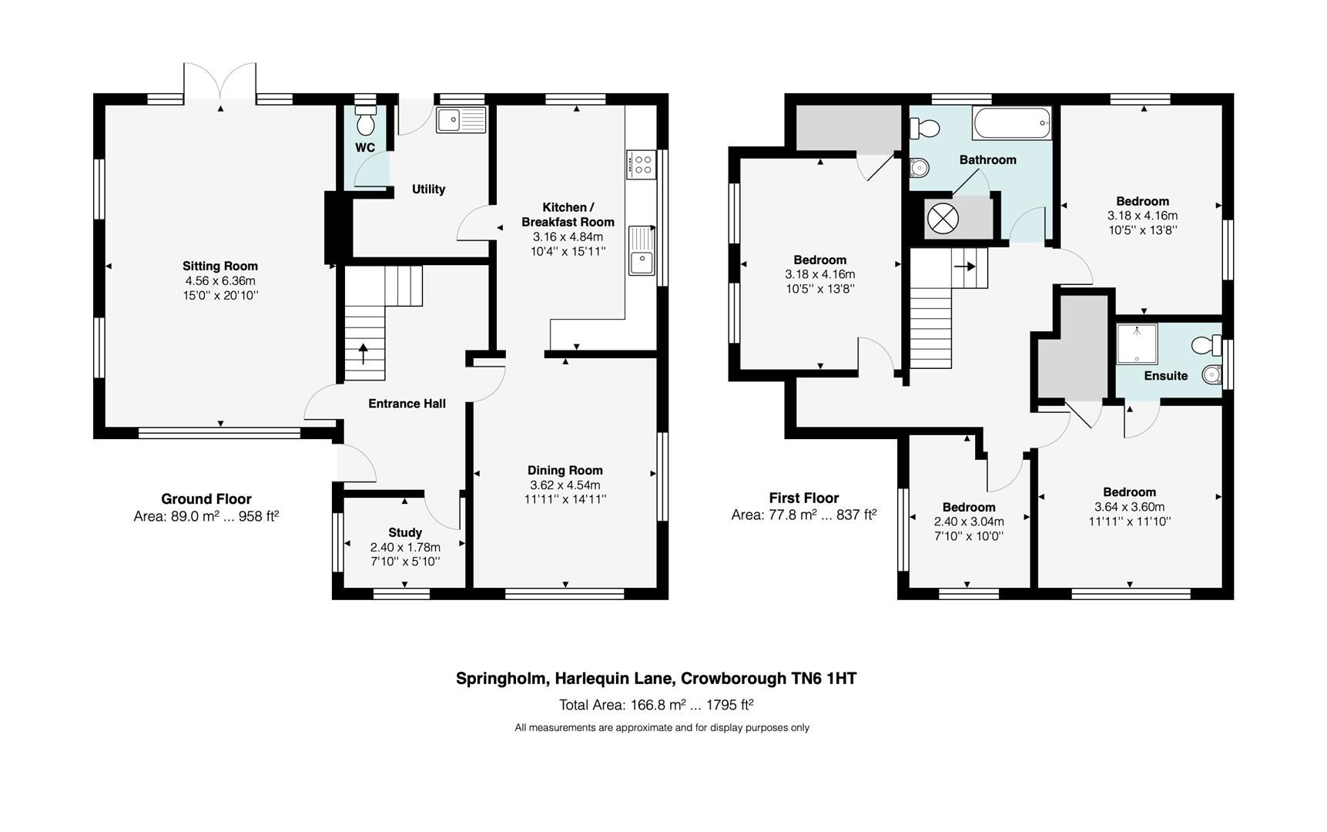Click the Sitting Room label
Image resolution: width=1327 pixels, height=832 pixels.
(x=219, y=267)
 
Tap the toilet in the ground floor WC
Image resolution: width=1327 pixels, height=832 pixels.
(x=366, y=122)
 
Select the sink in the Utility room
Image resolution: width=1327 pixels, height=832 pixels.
(x=461, y=120)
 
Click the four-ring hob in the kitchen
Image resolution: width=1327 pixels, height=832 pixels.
(x=641, y=164)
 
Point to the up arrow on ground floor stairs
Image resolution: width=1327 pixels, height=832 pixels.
(x=364, y=354)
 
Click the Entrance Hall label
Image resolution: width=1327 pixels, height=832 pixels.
(x=407, y=404)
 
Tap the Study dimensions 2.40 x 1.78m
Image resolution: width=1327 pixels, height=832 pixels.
(x=405, y=548)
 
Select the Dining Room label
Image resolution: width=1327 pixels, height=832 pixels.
(x=565, y=471)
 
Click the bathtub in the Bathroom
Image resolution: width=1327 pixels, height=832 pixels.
(x=1010, y=123)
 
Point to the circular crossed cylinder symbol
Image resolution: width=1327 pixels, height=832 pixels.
(x=943, y=218)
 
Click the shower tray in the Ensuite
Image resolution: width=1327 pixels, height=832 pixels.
(x=1137, y=344)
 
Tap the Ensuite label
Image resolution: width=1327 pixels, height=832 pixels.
(x=1165, y=376)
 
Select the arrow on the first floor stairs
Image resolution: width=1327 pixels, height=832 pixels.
(x=966, y=267)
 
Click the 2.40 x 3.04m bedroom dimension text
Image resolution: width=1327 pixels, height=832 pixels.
(x=969, y=522)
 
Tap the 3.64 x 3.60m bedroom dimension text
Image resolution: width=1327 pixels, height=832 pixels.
(x=1129, y=507)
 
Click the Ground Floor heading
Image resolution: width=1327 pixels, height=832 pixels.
(x=206, y=499)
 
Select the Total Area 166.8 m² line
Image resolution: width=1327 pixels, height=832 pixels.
(x=655, y=705)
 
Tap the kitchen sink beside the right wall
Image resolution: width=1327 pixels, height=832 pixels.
(x=641, y=250)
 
